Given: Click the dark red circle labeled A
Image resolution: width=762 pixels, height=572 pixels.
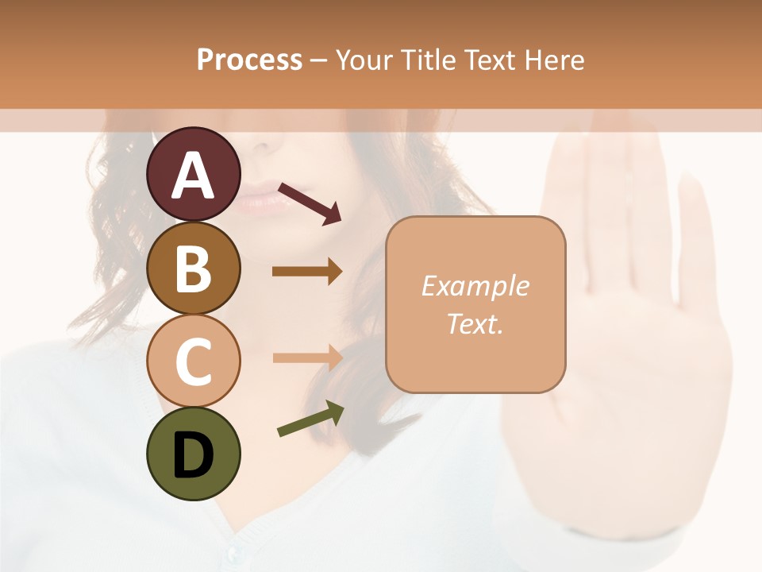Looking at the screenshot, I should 193,175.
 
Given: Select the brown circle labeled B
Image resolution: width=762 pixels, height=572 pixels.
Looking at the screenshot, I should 193,269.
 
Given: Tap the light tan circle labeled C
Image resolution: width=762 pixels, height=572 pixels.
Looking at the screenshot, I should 193,361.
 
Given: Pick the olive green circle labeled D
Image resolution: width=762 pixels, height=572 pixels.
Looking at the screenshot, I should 193,454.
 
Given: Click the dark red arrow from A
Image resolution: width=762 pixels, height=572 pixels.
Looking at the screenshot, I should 310,203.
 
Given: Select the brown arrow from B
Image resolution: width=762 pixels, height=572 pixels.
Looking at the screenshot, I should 307,271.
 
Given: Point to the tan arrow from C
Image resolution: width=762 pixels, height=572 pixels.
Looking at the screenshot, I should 307,357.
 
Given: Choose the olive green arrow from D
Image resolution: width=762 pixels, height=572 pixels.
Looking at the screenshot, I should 310,419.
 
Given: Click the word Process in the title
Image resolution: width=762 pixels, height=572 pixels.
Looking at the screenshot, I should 249,60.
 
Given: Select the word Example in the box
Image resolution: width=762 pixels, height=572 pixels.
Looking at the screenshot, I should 475,286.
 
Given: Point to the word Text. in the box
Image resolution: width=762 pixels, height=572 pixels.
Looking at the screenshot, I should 475,324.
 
